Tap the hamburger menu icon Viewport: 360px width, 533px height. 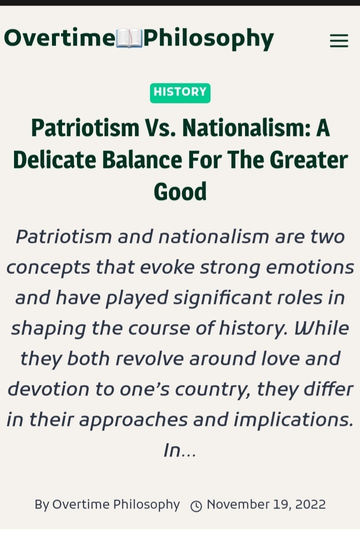pos(339,40)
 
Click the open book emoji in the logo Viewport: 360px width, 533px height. pos(129,38)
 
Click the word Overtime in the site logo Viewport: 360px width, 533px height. pos(59,37)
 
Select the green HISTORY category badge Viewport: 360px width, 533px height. pos(180,93)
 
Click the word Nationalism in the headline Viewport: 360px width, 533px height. pos(246,128)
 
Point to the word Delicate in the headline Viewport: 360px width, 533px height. pos(54,160)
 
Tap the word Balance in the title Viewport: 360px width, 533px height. pos(142,160)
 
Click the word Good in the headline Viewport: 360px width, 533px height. pos(180,191)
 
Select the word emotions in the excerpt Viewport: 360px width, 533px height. pos(310,267)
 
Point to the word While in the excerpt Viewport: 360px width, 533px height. pos(321,328)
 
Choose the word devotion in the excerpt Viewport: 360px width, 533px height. pos(48,389)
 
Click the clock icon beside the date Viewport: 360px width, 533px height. pos(196,506)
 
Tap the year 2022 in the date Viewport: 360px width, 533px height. pos(310,504)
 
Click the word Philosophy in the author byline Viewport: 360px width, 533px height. pos(146,505)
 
